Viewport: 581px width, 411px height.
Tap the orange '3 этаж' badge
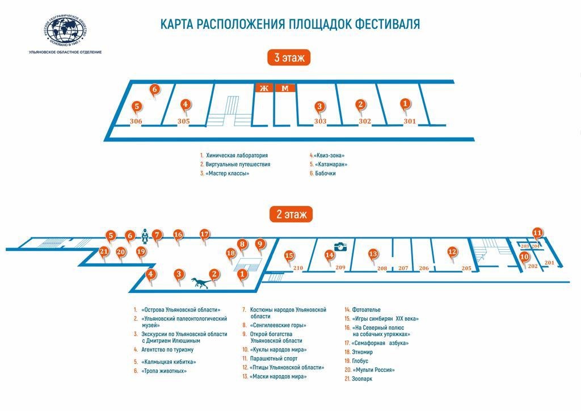pyautogui.click(x=289, y=57)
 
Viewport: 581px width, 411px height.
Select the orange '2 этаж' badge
pyautogui.click(x=291, y=214)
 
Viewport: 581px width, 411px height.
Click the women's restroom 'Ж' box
pyautogui.click(x=263, y=88)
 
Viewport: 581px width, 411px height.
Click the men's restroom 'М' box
pyautogui.click(x=285, y=88)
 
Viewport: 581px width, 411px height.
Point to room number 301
pyautogui.click(x=410, y=121)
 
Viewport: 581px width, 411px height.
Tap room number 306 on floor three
pyautogui.click(x=136, y=121)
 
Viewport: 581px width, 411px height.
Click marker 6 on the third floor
pyautogui.click(x=154, y=90)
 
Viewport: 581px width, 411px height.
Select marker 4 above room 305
pyautogui.click(x=184, y=105)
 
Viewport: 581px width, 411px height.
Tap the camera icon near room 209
pyautogui.click(x=340, y=246)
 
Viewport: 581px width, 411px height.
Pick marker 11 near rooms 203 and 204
pyautogui.click(x=537, y=232)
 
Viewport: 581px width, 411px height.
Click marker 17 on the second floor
pyautogui.click(x=204, y=234)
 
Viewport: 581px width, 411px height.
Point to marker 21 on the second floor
pyautogui.click(x=103, y=252)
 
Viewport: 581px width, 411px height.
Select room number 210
pyautogui.click(x=298, y=268)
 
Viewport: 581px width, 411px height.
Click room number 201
pyautogui.click(x=549, y=262)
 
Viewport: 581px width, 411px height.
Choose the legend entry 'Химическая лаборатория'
pyautogui.click(x=237, y=156)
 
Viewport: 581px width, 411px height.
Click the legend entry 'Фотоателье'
pyautogui.click(x=366, y=310)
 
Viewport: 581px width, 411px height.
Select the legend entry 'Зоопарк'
pyautogui.click(x=362, y=379)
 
